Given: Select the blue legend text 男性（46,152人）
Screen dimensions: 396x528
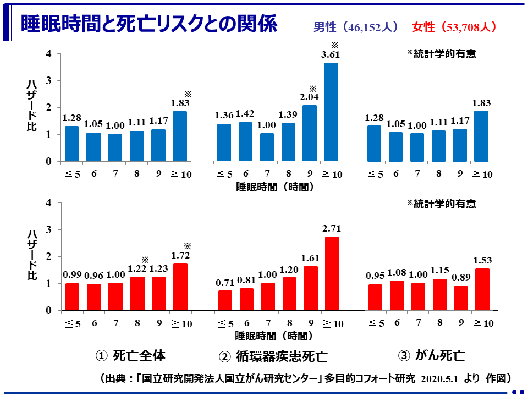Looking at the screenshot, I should point(356,27).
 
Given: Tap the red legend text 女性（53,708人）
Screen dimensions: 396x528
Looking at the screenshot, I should point(454,27).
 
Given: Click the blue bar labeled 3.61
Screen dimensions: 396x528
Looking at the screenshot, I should point(331,112).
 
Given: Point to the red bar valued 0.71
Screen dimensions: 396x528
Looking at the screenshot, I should point(225,300).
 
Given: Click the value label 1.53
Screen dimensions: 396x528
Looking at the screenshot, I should point(482,260).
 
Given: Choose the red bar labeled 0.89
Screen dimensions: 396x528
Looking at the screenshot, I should point(460,298).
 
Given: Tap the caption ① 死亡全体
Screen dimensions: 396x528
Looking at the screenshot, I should point(130,355).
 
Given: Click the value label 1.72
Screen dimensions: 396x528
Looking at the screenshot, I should point(180,256).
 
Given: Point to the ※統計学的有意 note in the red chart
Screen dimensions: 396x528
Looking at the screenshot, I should point(441,204).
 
